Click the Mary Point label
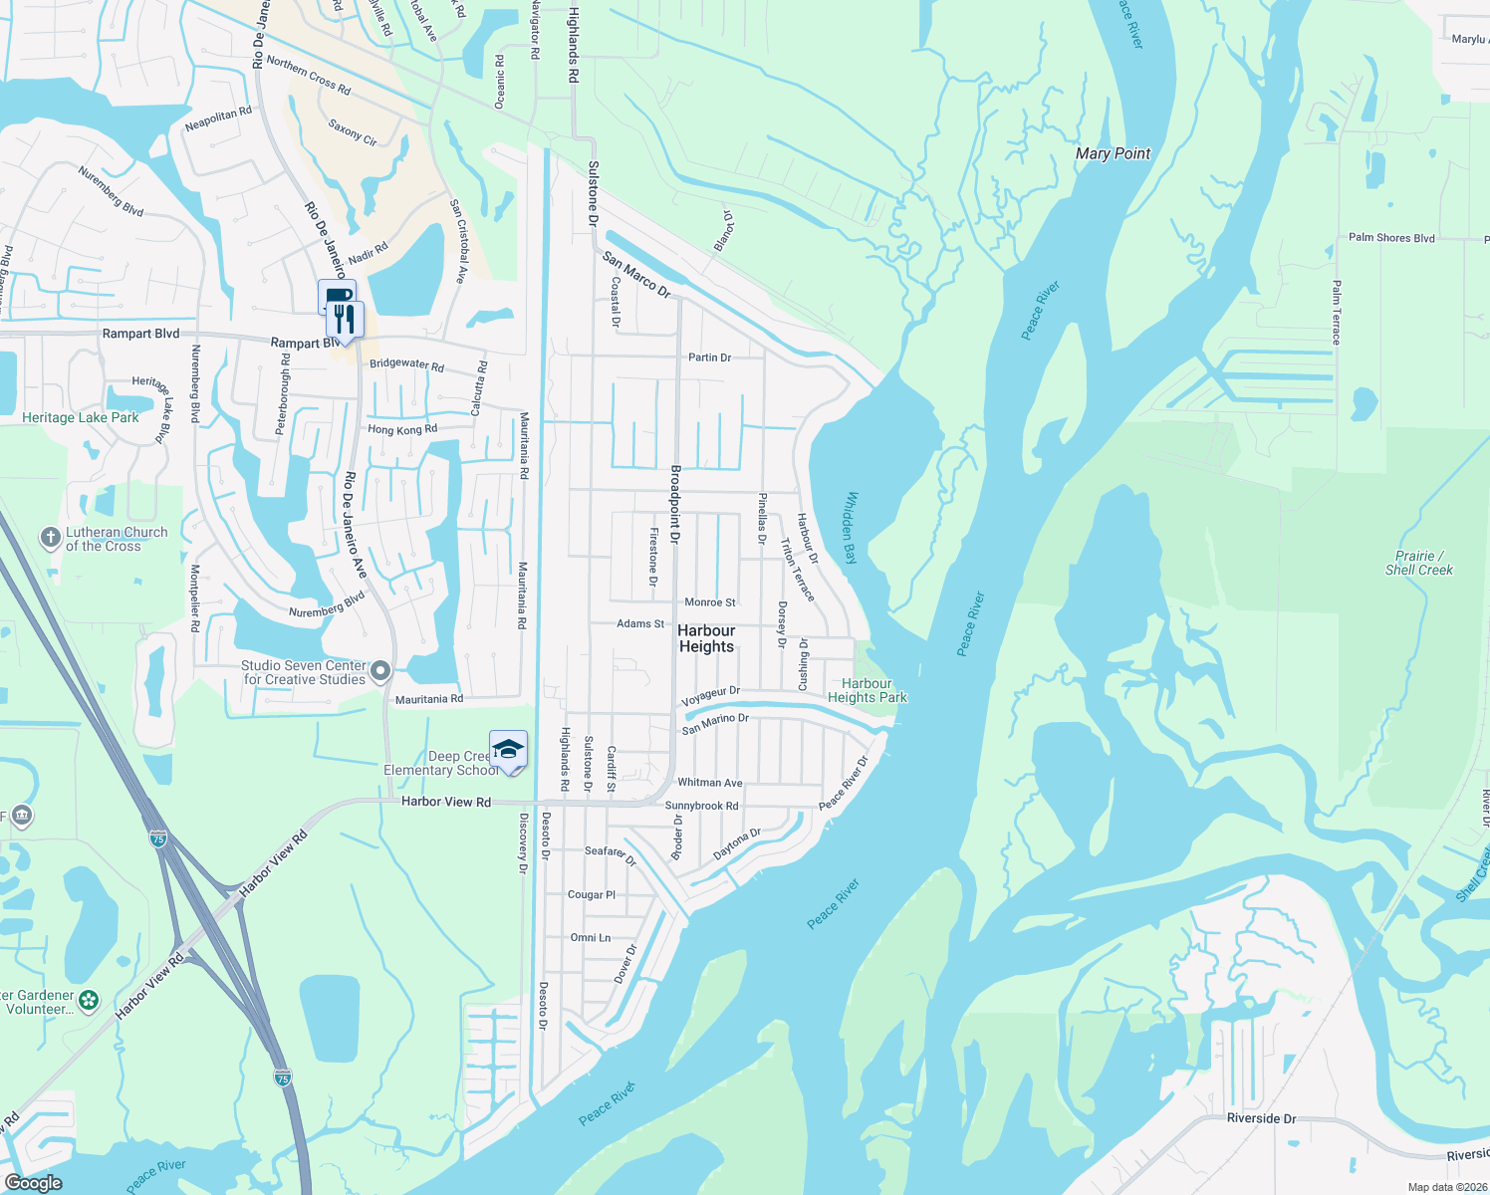[x=1113, y=153]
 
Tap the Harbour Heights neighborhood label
[x=706, y=638]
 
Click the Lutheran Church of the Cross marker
[x=50, y=539]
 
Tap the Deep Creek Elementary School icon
[x=508, y=749]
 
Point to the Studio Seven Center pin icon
[x=380, y=672]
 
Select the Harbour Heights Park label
[x=867, y=690]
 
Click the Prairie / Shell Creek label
[x=1418, y=563]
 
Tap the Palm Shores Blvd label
[x=1391, y=238]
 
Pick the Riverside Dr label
[x=1261, y=1118]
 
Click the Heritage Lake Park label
[x=81, y=417]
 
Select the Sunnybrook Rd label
[x=701, y=806]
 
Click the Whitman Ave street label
[x=709, y=783]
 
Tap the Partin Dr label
[x=709, y=358]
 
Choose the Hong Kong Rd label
[x=402, y=430]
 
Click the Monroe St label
[x=710, y=602]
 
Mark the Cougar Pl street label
[x=592, y=895]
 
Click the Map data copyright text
[x=1447, y=1187]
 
